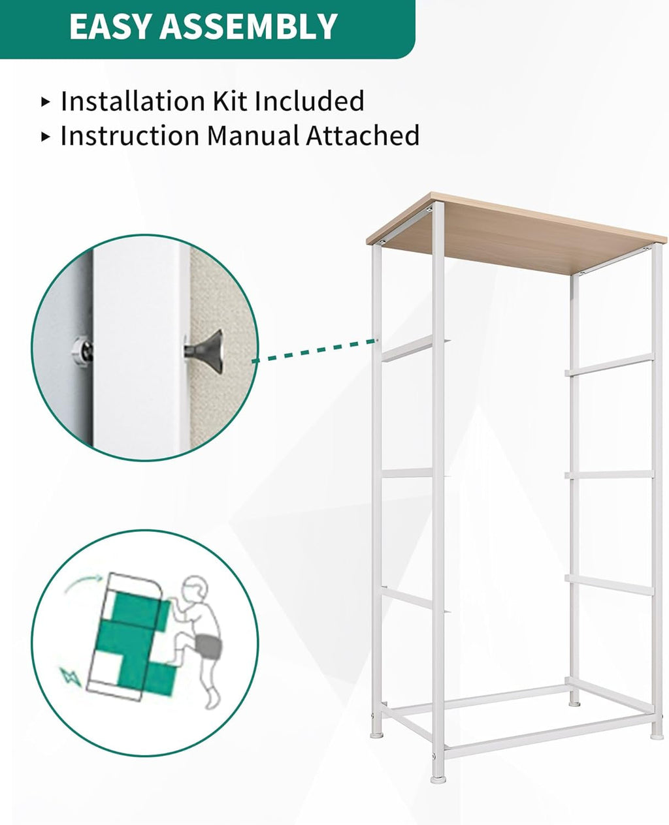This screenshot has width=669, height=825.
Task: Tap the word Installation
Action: point(133,101)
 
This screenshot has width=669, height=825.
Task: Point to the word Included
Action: point(309,101)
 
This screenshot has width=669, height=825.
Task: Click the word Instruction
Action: point(130,136)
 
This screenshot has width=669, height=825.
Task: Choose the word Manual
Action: point(253,136)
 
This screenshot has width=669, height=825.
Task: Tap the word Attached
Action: point(363,136)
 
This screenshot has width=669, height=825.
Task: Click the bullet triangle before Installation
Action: point(46,102)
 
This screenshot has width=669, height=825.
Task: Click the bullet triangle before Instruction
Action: point(46,136)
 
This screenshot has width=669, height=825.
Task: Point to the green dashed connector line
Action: point(315,350)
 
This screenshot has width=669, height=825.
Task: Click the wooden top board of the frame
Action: point(517,233)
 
